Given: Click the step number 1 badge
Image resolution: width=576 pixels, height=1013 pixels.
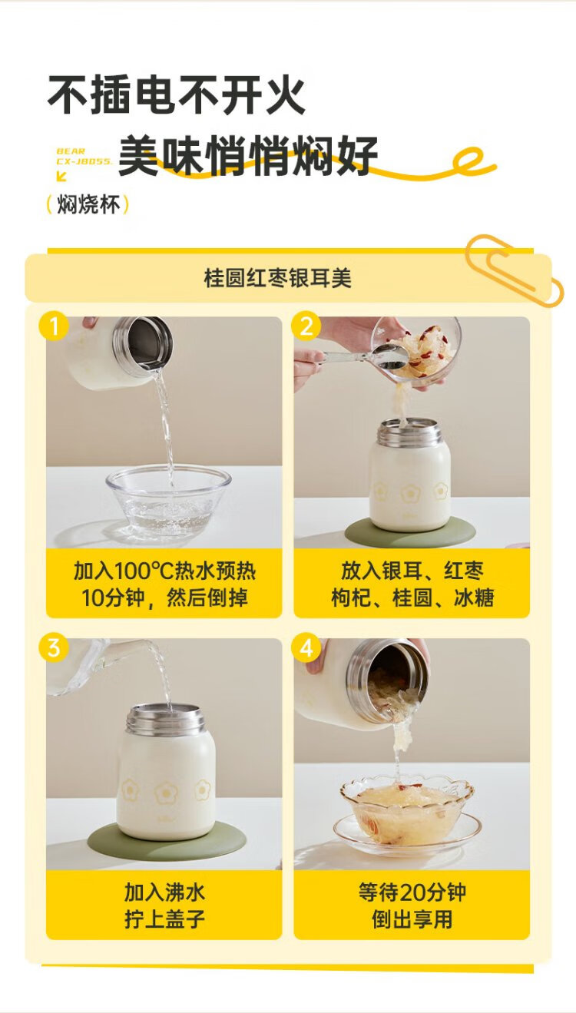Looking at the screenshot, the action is click(54, 326).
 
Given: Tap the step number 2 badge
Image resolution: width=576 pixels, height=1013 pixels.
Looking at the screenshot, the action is click(306, 326).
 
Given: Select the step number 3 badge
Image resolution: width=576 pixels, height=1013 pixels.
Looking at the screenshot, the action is click(54, 647).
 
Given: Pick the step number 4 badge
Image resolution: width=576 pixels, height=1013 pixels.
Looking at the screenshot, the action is click(306, 647).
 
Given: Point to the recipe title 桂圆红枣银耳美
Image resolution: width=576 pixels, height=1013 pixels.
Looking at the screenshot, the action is click(277, 278).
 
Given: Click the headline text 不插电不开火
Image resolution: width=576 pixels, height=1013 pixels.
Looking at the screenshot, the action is click(177, 95).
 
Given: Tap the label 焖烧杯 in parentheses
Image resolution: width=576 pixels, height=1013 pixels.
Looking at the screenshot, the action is click(88, 204).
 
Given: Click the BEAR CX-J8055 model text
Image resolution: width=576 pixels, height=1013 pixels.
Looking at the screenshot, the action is click(84, 156).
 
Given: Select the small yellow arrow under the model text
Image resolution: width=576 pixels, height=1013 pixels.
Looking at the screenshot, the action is click(61, 176).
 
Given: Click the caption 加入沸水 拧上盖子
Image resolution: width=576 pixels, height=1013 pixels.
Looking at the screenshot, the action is click(164, 906).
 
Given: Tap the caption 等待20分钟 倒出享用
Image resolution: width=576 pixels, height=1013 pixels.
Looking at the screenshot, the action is click(412, 906).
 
